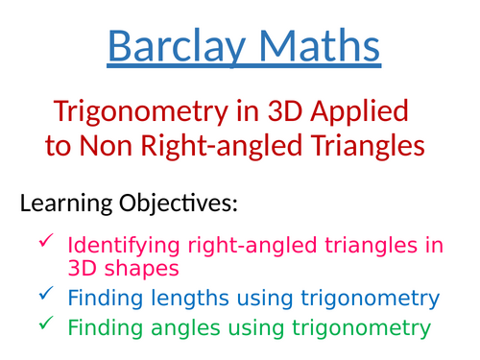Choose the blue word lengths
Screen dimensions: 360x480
(x=183, y=299)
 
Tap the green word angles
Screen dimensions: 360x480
(x=179, y=329)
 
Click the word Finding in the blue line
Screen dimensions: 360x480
(x=104, y=299)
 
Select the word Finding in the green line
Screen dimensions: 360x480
(x=104, y=328)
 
